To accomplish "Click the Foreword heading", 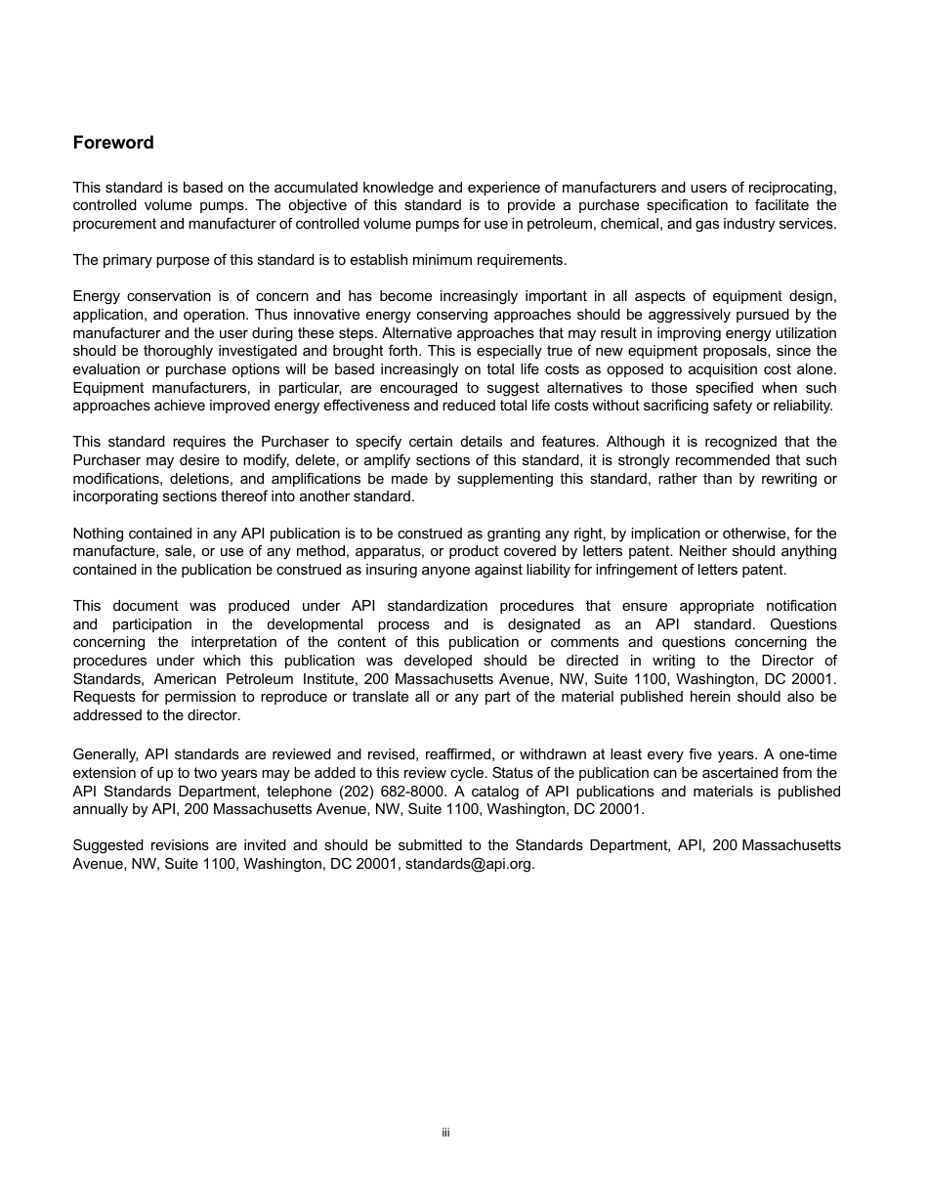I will click(x=113, y=143).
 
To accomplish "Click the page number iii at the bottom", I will click(x=445, y=1133).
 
